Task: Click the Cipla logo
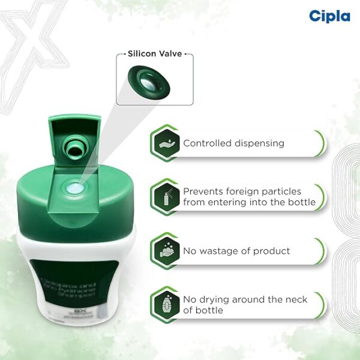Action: [x=329, y=16]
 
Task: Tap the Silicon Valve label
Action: [x=155, y=54]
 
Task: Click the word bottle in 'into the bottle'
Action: [x=301, y=202]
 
